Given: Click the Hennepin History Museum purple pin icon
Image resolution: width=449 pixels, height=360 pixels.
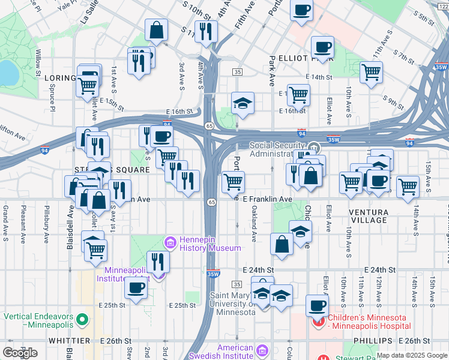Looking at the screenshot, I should pyautogui.click(x=170, y=242).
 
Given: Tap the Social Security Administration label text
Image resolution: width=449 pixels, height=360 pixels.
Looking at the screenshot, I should pyautogui.click(x=279, y=149).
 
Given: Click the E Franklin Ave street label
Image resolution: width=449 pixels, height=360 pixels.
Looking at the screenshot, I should pyautogui.click(x=267, y=199).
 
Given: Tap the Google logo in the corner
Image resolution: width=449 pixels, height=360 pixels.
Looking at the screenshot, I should pyautogui.click(x=20, y=353).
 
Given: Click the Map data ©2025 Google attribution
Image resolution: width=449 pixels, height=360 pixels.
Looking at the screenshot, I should pyautogui.click(x=412, y=355).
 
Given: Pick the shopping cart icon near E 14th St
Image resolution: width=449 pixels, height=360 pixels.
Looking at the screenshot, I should pyautogui.click(x=372, y=73).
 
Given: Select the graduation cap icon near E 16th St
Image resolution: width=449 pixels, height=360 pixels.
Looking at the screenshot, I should pyautogui.click(x=243, y=103).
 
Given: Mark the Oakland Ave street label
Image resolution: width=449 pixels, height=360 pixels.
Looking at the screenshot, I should pyautogui.click(x=255, y=224).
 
